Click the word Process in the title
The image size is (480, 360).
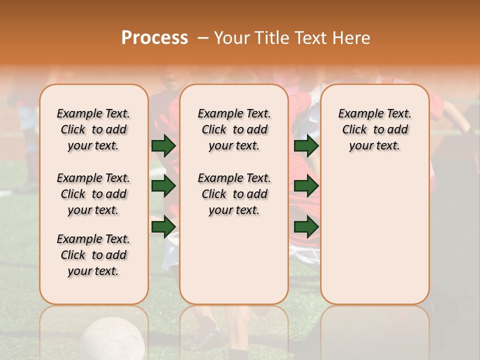[x=154, y=38]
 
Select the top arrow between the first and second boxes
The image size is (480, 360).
[x=163, y=145]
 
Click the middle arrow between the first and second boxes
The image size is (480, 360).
[x=163, y=186]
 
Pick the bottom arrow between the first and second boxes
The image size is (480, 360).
[x=163, y=226]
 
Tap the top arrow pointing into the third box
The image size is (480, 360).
[x=306, y=145]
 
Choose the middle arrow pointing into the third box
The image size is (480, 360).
[x=306, y=186]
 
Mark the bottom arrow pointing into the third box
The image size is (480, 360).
[x=306, y=226]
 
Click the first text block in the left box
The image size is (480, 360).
[x=93, y=129]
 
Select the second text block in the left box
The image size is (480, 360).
[x=93, y=194]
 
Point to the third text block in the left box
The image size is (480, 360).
[x=93, y=255]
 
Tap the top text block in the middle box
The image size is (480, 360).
[x=234, y=129]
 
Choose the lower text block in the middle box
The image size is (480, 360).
[x=234, y=194]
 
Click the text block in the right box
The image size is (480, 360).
[x=375, y=129]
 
